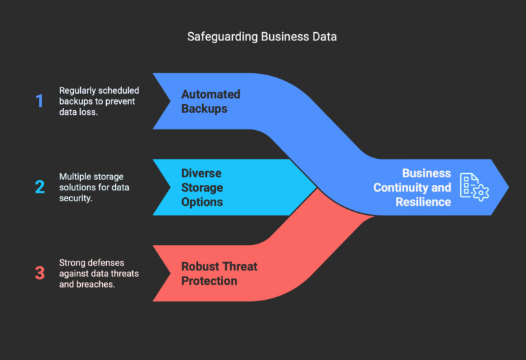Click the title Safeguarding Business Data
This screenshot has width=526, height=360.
262,37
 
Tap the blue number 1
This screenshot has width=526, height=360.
39,101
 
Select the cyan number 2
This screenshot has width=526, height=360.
39,187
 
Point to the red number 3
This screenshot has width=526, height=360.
39,272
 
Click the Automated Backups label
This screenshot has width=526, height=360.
211,101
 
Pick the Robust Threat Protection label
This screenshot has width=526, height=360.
218,273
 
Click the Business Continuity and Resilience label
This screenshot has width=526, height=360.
412,187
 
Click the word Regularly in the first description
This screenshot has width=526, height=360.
79,90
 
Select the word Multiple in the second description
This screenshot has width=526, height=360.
77,176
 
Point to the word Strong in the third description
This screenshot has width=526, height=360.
73,261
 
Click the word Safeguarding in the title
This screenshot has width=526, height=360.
223,37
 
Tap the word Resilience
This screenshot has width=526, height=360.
423,202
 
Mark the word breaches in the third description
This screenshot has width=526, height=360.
97,283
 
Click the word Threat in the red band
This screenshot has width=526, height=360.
241,266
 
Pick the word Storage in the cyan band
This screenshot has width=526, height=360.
202,187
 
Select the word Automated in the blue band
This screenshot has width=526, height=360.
211,94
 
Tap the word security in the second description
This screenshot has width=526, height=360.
77,198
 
